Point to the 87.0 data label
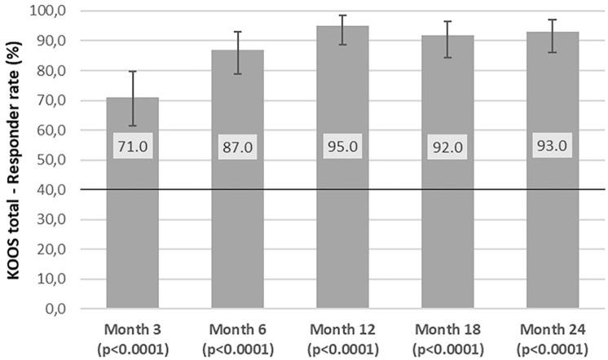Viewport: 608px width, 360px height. tap(236, 147)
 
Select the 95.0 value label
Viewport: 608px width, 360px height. tap(342, 147)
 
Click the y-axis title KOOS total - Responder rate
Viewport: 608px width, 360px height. tap(14, 160)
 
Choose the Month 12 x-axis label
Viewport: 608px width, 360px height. tap(342, 328)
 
